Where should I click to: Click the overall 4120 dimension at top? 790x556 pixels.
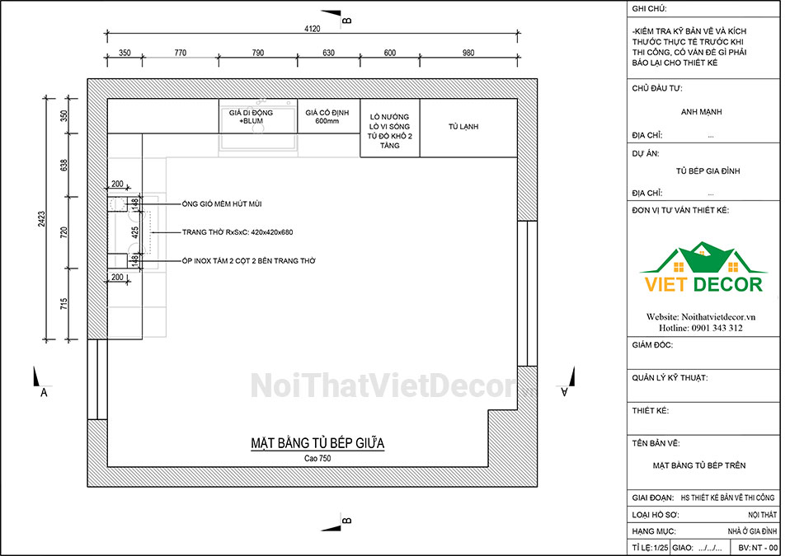coord(312,29)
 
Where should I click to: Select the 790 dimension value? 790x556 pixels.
coord(257,53)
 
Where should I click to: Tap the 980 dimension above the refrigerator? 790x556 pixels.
coord(468,53)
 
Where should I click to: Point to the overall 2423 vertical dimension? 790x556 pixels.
coord(42,219)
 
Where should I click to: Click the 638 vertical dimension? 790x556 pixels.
coord(64,165)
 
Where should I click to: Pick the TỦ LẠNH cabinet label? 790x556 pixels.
coord(463,127)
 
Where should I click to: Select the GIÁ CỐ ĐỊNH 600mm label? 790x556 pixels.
coord(327,117)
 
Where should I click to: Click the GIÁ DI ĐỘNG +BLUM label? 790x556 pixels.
coord(251,117)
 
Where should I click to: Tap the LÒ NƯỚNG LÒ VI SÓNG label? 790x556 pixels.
coord(389,122)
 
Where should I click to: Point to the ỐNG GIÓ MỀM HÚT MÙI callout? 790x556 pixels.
coord(222,203)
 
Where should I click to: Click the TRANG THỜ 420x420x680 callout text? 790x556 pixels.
coord(237,232)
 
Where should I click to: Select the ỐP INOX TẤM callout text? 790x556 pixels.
coord(248,260)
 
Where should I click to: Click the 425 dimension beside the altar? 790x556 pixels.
coord(135,232)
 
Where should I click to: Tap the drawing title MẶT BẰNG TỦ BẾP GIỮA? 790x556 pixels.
coord(317,443)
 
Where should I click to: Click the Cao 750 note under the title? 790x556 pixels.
coord(317,458)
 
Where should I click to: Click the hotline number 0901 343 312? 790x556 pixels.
coord(717,328)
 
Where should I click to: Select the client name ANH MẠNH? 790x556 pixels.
coord(701,112)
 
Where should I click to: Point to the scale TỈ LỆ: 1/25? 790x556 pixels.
coord(651,548)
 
